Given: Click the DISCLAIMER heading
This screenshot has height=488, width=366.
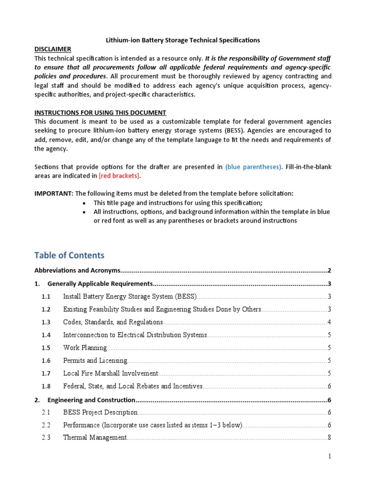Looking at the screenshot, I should pos(53,49).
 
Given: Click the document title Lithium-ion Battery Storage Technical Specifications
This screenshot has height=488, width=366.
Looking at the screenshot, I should pos(183,41).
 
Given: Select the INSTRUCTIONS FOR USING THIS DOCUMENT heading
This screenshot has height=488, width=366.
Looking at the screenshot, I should pos(100,112).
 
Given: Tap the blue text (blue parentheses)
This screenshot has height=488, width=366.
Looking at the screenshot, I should pos(253,167).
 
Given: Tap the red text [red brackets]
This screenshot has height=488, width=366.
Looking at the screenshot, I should pos(119,176).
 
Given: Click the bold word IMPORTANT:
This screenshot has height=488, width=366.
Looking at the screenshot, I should pos(54,193).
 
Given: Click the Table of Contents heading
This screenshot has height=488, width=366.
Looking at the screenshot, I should pos(69,255).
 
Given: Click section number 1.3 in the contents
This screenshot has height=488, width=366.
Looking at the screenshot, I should pos(46,322).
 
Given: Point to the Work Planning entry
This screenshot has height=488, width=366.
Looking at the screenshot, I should pos(85,348).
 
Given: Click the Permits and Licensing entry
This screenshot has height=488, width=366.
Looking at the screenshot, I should pos(95,361).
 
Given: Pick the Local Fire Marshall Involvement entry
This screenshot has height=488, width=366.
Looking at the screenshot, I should pos(111,374).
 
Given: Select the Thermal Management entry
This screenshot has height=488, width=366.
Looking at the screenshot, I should pos(95,437).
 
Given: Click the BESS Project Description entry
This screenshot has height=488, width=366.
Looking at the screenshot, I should pos(100,412).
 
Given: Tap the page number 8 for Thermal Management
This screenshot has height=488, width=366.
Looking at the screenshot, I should pos(329,437).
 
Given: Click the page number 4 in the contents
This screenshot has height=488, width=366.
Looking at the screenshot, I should pos(329,322).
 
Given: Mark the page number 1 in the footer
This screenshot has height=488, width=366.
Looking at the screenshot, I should pos(329,457).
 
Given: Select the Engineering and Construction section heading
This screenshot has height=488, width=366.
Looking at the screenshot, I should pos(92,399).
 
